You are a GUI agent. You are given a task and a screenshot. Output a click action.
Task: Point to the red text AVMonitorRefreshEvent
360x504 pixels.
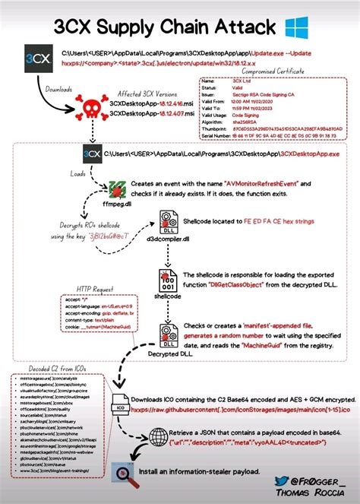click(264, 185)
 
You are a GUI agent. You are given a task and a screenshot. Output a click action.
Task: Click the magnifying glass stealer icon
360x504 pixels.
click(122, 471)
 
